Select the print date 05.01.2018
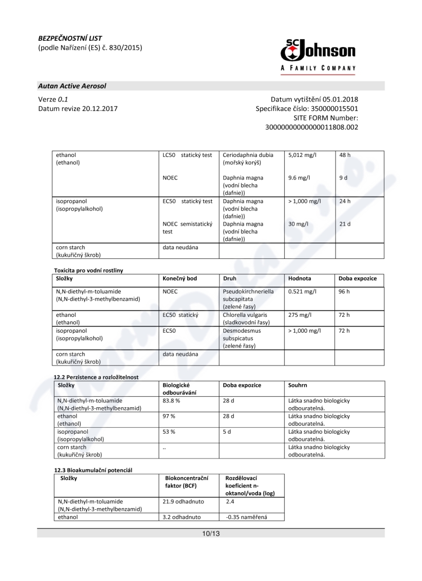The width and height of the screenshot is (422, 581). tap(340, 99)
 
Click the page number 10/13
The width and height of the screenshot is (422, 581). tap(210, 533)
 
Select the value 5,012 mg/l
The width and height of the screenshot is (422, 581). tap(302, 155)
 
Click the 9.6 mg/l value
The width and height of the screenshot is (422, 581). tap(299, 178)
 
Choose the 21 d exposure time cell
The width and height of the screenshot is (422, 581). tap(345, 224)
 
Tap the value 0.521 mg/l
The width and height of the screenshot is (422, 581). tap(302, 291)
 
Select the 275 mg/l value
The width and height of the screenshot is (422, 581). tap(298, 314)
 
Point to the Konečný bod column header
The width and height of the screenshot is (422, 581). tap(180, 278)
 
